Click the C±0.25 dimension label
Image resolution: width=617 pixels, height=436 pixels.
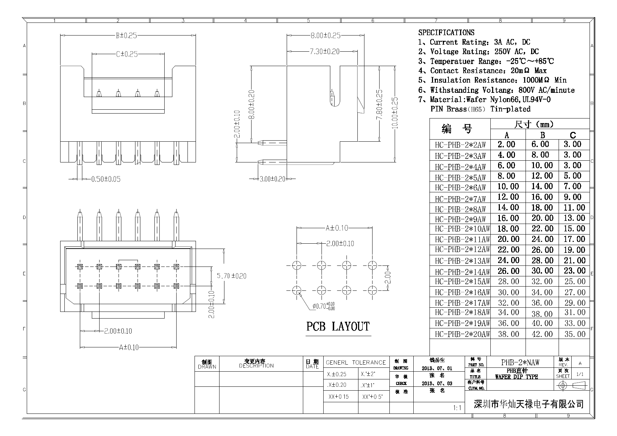[x=127, y=54]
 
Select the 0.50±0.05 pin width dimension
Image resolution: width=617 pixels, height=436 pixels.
[x=106, y=179]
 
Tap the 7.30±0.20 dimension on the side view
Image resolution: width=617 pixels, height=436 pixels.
[x=324, y=52]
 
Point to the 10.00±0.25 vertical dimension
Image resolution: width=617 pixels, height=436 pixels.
[x=395, y=113]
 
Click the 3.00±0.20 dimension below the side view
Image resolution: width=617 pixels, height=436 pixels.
[x=273, y=179]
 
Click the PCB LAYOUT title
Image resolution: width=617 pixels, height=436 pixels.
[x=338, y=327]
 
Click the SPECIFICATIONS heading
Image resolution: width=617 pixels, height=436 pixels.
[x=446, y=33]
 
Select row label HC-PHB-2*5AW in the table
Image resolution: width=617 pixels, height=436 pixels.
[x=460, y=177]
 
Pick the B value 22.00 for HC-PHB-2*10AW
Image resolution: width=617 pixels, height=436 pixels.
[x=542, y=229]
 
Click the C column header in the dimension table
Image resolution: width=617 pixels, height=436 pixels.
[x=573, y=135]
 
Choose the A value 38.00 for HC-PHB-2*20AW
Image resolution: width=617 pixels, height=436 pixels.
[x=508, y=334]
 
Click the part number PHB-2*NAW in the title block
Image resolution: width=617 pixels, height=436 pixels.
[x=520, y=362]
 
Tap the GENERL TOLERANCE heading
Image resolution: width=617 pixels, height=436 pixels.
[x=356, y=363]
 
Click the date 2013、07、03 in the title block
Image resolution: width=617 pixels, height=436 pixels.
[x=437, y=383]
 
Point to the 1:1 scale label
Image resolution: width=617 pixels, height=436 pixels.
[x=457, y=408]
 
